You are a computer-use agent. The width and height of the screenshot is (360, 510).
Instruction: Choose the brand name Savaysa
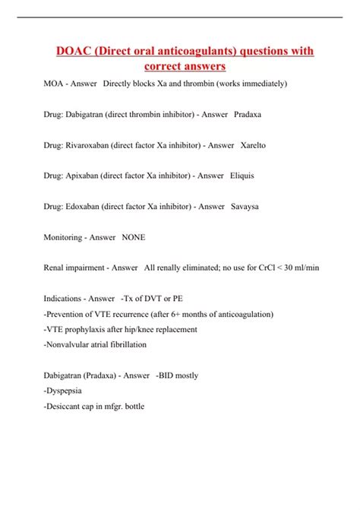click(246, 206)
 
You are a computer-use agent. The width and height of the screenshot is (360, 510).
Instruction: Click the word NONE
click(133, 237)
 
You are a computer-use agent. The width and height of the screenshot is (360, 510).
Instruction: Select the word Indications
click(64, 299)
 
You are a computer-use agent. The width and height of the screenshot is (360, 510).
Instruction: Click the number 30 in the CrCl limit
click(284, 268)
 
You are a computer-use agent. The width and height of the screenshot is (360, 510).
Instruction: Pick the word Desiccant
click(69, 407)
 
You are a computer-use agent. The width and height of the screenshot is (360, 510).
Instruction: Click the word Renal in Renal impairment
click(55, 268)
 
